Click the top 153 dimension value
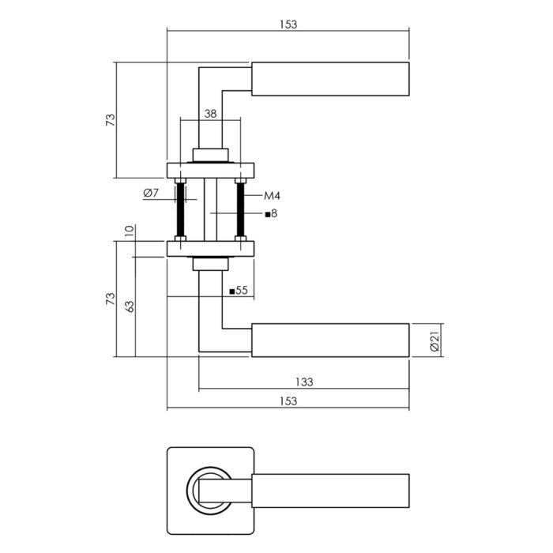[288, 24]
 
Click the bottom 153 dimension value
[288, 401]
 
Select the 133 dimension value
[304, 382]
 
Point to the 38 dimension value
[209, 114]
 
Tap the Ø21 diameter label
[434, 341]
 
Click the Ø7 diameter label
[152, 194]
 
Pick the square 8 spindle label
[271, 213]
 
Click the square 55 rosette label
[239, 291]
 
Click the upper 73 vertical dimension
[110, 120]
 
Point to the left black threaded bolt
[182, 211]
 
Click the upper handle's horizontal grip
[330, 79]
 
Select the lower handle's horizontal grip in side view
[330, 340]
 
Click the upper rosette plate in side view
[210, 169]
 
